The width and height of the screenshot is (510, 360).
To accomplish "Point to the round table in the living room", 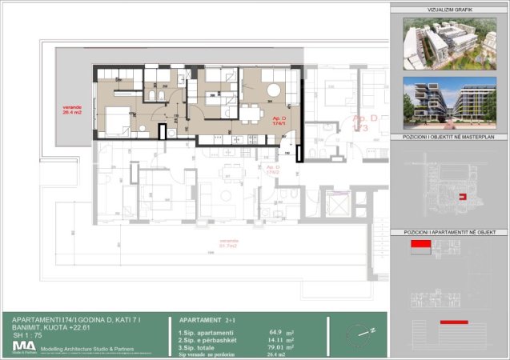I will click(274, 90).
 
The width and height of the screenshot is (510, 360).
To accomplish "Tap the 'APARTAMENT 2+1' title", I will click(207, 318).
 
